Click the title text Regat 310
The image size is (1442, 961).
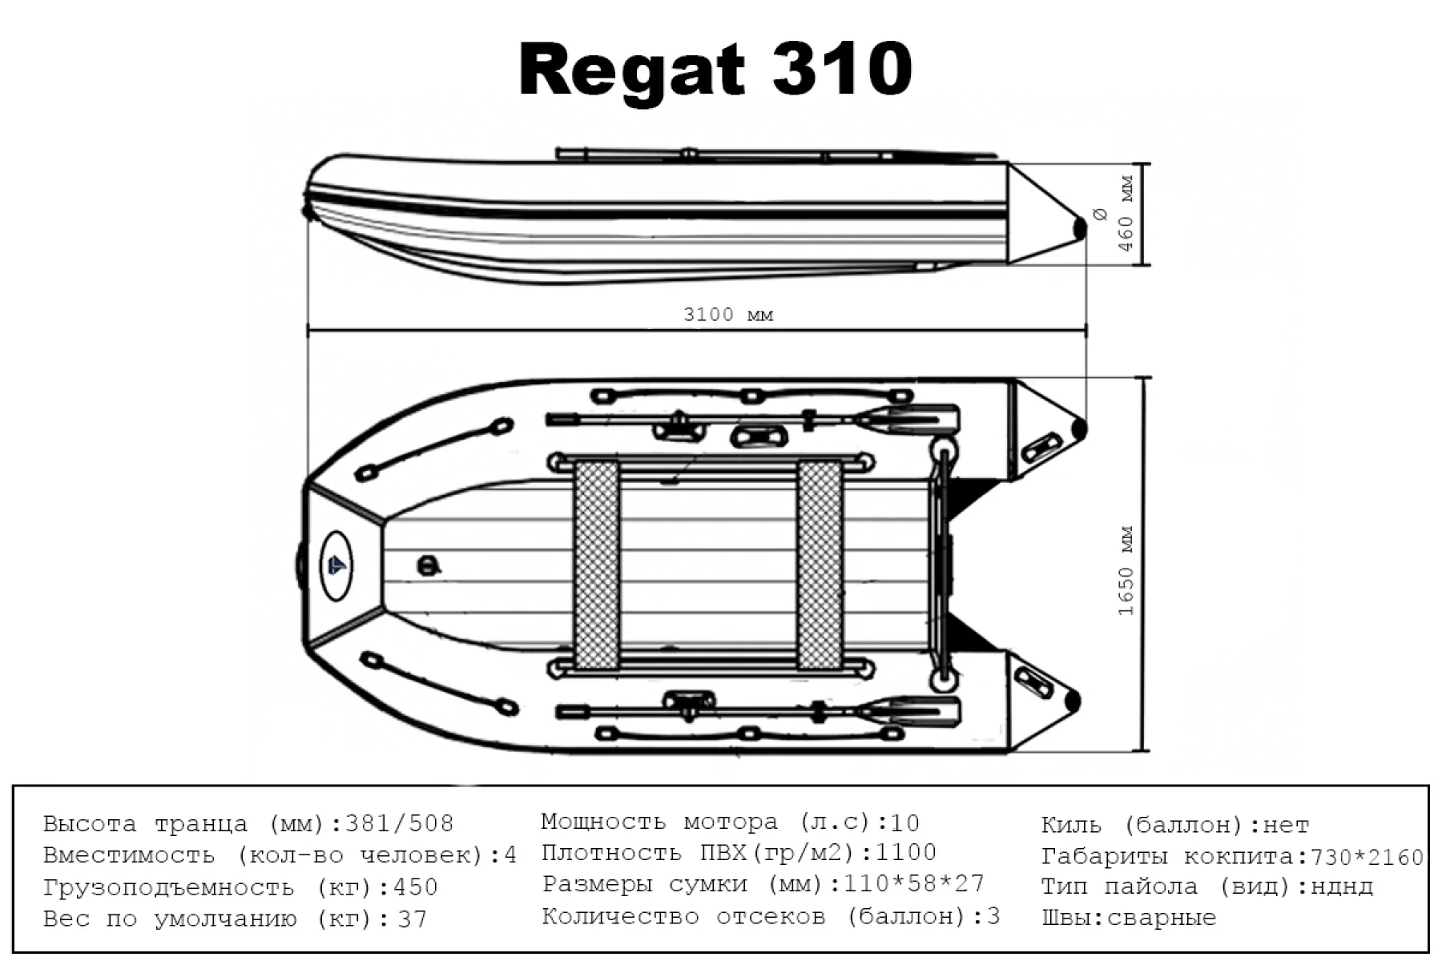pos(715,70)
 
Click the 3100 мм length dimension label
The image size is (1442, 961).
pos(728,315)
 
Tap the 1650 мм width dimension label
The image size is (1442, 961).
pos(1126,570)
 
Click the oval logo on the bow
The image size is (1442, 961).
pos(336,565)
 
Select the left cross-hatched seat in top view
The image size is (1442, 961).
pos(597,565)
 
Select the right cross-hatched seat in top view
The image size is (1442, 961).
pos(819,565)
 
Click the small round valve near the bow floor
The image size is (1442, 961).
pos(429,565)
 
